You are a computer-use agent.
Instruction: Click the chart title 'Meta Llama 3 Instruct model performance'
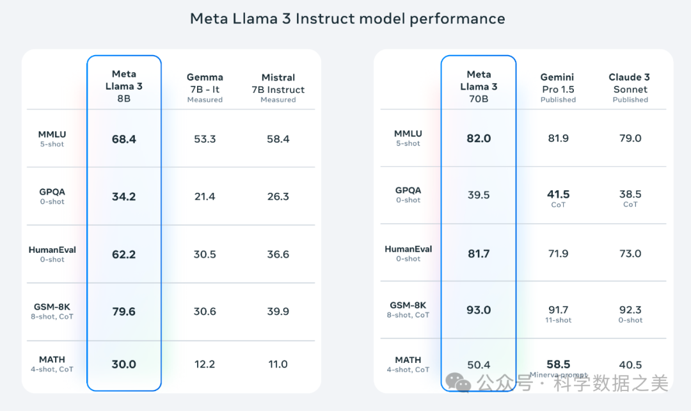347,19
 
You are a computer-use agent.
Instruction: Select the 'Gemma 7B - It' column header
205,88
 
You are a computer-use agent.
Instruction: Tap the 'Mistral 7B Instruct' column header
278,88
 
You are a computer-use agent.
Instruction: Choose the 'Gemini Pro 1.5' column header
558,88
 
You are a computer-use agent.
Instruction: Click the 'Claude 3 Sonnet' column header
630,88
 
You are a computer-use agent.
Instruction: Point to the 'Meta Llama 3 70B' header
479,86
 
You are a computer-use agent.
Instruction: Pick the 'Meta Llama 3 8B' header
123,86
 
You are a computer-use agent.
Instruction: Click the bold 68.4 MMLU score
123,139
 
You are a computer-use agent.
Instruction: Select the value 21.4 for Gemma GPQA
205,197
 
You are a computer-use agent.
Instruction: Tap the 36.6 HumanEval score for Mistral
278,254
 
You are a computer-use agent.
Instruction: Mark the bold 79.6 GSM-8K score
123,312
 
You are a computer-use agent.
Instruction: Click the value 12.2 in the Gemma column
205,364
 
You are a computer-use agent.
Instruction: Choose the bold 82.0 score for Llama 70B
479,138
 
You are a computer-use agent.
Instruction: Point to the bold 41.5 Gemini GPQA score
558,194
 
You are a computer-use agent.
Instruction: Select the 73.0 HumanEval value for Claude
630,254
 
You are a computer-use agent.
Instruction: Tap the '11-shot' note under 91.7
558,320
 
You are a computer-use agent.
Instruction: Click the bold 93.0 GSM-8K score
479,310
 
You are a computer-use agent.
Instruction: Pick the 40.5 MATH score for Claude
630,365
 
